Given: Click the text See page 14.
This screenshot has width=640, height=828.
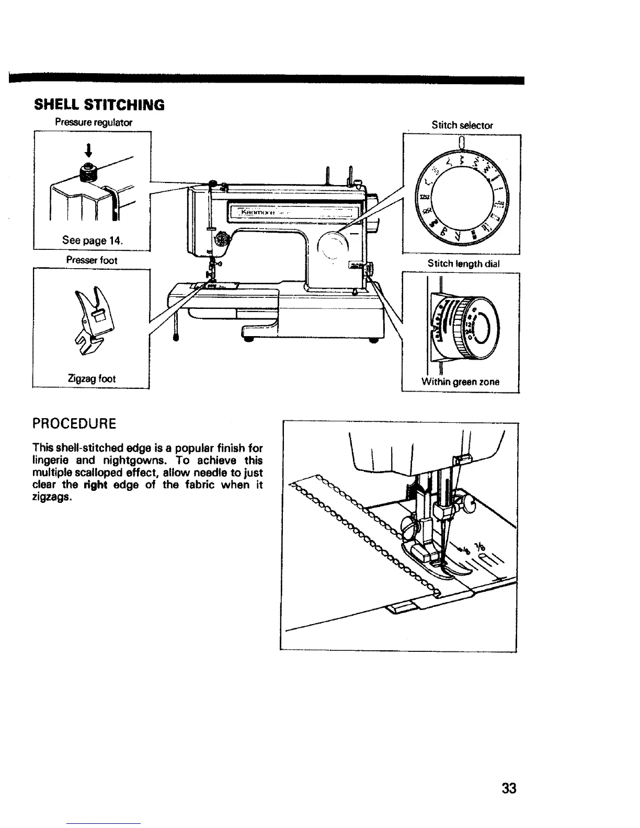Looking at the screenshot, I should coord(92,241).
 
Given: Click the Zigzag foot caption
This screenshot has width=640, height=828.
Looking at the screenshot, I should coord(92,378).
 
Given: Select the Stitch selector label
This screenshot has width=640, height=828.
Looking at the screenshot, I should coord(462,125).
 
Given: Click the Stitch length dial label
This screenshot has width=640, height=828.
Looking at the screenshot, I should coord(463,264).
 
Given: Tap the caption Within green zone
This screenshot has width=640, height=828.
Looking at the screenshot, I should coord(461,382).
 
